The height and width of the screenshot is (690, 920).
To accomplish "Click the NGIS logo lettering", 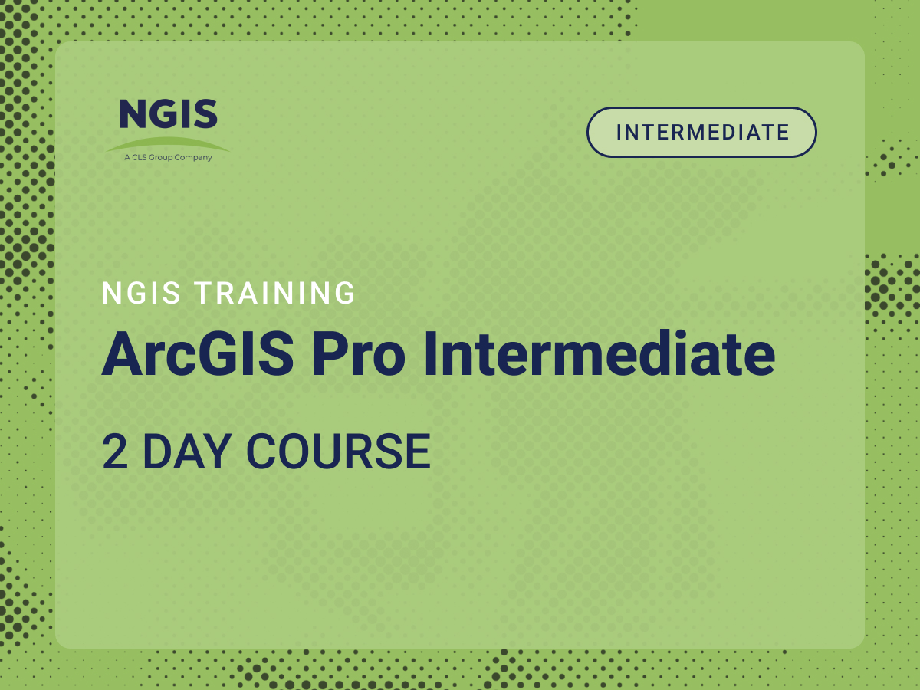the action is point(169,113).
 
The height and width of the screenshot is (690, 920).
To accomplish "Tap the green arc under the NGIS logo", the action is point(168,143).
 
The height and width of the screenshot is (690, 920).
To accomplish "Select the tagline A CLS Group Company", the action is point(168,157).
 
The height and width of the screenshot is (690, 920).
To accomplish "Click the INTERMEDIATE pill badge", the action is point(701,133).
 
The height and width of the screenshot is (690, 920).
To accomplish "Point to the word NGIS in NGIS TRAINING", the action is point(141,293).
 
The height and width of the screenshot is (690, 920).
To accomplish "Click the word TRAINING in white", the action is point(275,293).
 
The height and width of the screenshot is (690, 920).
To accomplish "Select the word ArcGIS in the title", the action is point(197,354).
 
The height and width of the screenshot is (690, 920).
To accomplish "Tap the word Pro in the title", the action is point(359,354).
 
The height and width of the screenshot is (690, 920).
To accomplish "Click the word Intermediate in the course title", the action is point(600,353).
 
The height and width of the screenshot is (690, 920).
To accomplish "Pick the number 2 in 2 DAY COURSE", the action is point(115,452).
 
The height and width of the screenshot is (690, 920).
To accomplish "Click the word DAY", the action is point(187,452).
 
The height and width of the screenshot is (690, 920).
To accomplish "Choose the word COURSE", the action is point(339,452).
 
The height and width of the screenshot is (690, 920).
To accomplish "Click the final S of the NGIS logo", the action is point(206,113).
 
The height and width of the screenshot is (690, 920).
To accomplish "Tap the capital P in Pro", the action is point(328,354).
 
